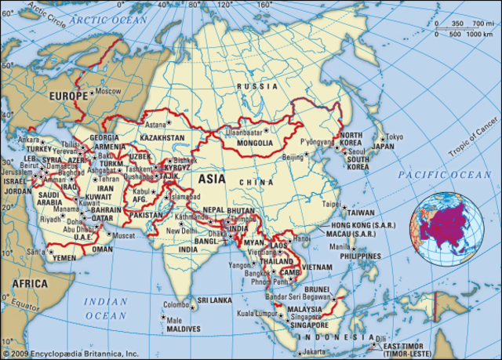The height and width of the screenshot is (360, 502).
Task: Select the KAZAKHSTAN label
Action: tap(162, 138)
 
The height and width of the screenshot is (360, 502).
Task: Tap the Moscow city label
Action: tap(107, 91)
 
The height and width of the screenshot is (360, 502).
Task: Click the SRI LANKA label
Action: tap(213, 300)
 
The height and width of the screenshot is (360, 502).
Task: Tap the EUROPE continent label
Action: tap(70, 96)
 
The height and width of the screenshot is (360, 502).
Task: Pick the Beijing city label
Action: tap(292, 157)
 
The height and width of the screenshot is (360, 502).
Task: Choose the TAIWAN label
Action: tap(361, 213)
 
